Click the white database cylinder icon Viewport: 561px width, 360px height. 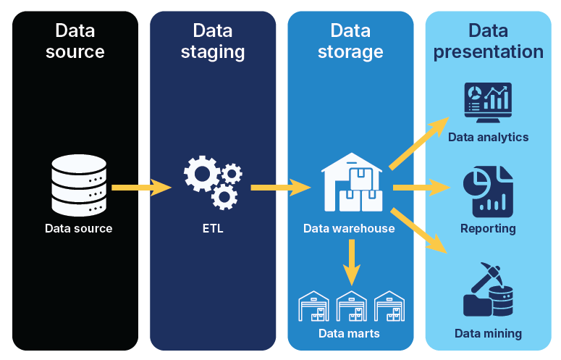point(79,186)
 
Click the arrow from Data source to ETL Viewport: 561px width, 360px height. point(141,188)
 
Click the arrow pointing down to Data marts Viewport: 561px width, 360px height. point(352,262)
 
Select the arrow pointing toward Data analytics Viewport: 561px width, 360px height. point(419,145)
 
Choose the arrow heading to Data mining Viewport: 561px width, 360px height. point(419,231)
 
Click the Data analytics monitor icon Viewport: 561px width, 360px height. point(488,104)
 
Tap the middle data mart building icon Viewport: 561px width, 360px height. point(352,306)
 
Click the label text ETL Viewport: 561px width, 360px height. point(213,229)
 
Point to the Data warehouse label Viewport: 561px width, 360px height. point(349,229)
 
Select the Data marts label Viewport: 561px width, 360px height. point(349,334)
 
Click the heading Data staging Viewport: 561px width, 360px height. point(213,41)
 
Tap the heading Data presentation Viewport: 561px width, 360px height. point(488,41)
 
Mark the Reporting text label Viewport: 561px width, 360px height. point(488,229)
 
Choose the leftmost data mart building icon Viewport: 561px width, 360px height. point(314,306)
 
